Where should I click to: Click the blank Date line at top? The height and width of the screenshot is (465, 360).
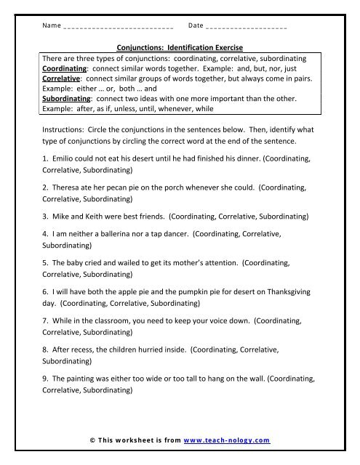[x=247, y=26]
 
